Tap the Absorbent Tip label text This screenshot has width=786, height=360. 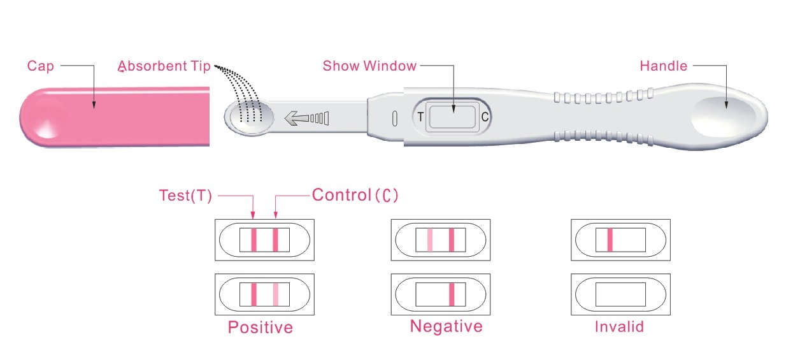tap(164, 66)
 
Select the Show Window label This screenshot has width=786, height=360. tap(369, 66)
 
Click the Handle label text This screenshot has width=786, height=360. tap(663, 66)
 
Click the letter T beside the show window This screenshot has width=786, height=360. tap(420, 117)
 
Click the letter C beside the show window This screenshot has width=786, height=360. tap(485, 117)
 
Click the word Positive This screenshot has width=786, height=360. tap(261, 328)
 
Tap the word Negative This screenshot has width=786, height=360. tap(446, 327)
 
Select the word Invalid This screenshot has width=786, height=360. tap(619, 327)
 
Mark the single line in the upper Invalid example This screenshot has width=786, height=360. tap(610, 240)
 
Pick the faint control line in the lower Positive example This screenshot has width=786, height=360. tap(276, 294)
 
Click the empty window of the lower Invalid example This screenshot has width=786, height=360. tap(620, 294)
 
